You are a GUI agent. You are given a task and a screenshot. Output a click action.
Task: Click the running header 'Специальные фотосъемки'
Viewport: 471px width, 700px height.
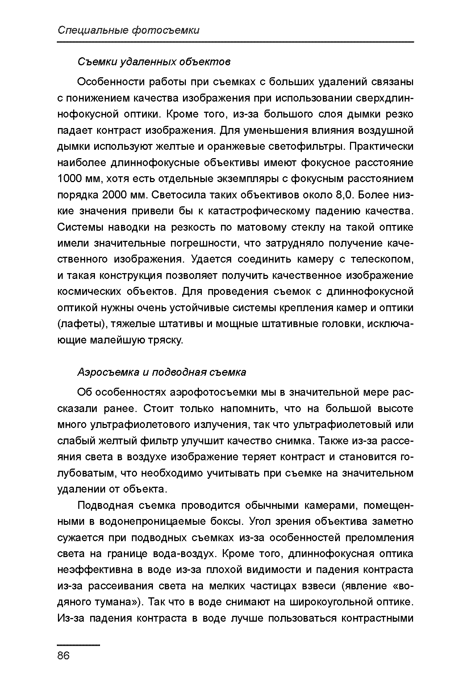[129, 30]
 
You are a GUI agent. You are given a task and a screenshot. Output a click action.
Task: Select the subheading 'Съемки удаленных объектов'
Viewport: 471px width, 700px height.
[154, 62]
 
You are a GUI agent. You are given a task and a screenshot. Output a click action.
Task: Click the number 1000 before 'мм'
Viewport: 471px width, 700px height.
[71, 179]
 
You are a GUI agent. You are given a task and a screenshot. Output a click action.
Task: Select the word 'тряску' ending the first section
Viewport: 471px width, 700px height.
[164, 340]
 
